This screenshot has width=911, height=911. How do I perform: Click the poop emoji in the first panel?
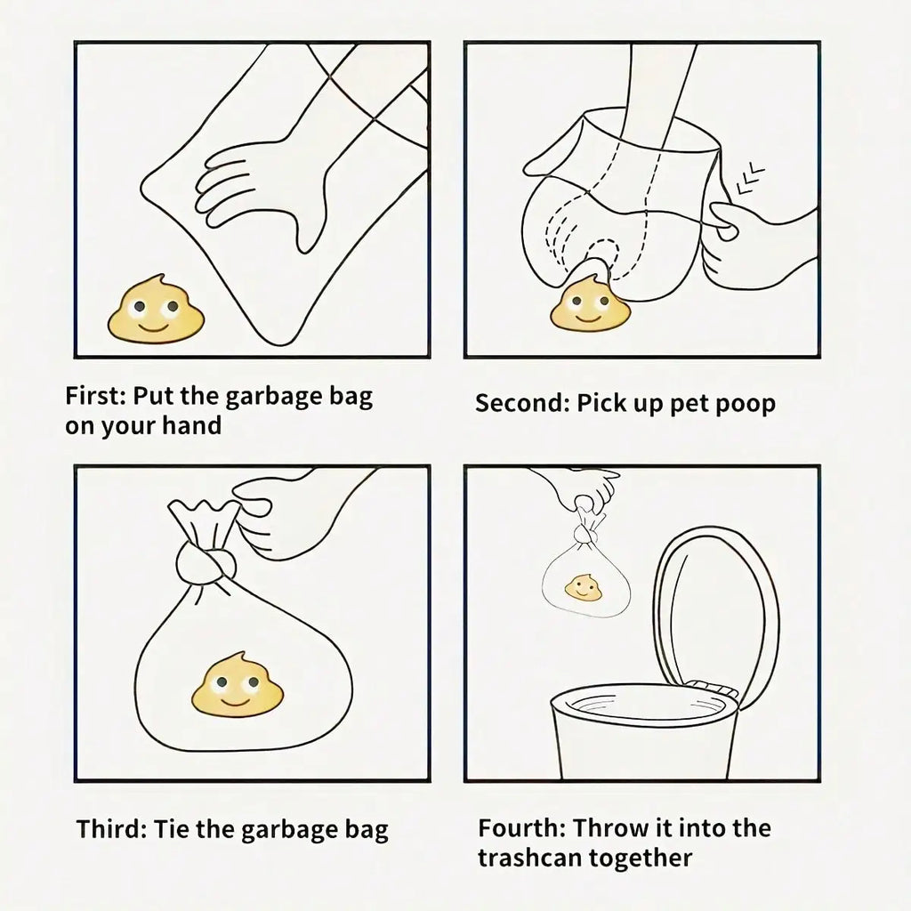point(156,311)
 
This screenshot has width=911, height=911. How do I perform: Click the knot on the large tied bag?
point(208,562)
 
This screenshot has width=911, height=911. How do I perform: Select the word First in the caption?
point(96,395)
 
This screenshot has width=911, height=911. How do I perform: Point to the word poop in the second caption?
point(743,405)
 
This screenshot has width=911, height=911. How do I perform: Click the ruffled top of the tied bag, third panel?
point(205,516)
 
